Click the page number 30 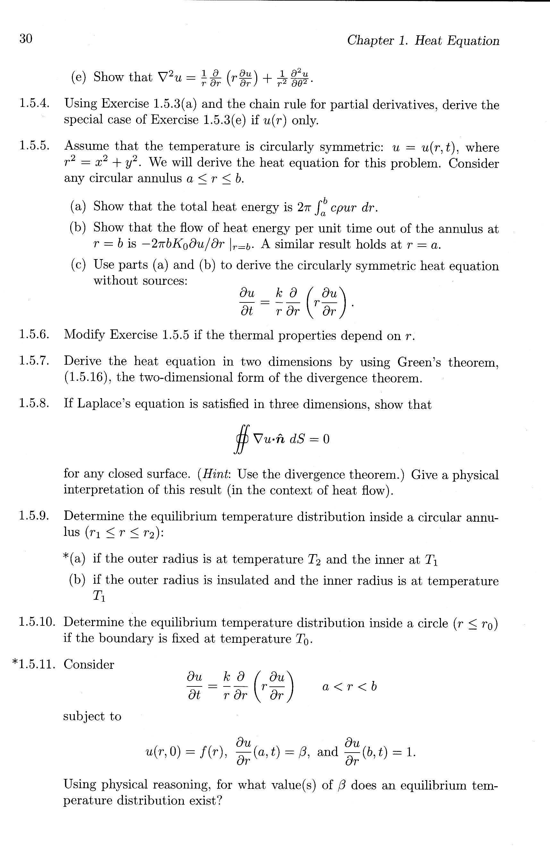pyautogui.click(x=26, y=39)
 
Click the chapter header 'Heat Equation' pyautogui.click(x=457, y=40)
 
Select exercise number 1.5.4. pyautogui.click(x=34, y=103)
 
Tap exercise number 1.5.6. pyautogui.click(x=34, y=335)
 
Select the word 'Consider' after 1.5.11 pyautogui.click(x=89, y=664)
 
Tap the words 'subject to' pyautogui.click(x=92, y=716)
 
